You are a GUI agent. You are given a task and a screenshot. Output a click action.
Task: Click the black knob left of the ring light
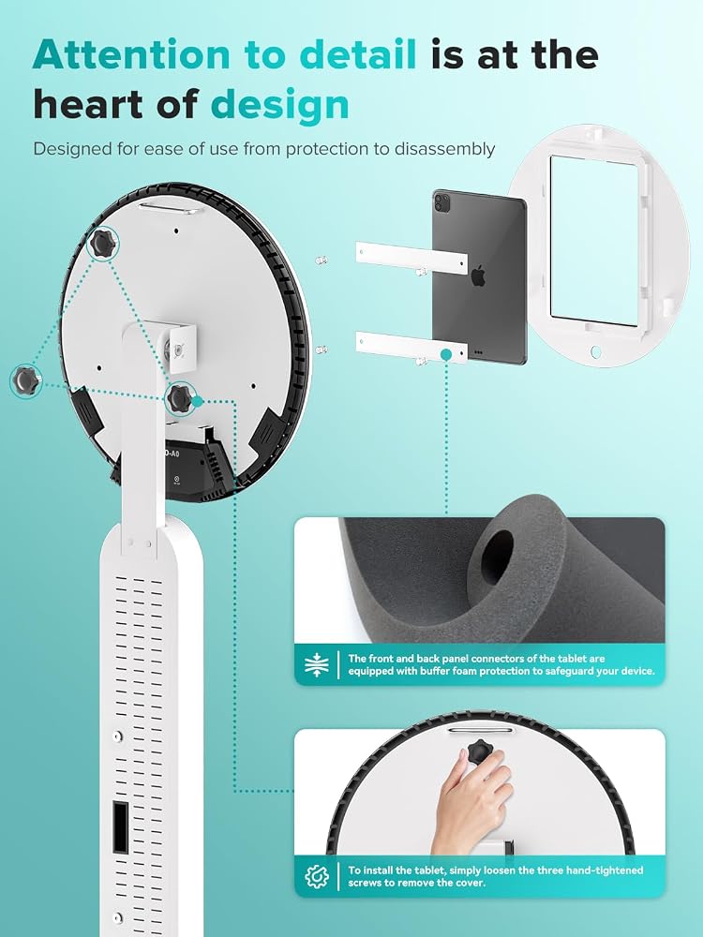[x=25, y=379]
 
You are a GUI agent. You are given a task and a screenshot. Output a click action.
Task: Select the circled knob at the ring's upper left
[x=102, y=244]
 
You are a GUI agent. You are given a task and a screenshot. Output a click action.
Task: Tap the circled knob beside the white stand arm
[x=179, y=396]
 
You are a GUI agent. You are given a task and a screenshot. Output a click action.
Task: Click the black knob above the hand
[x=480, y=752]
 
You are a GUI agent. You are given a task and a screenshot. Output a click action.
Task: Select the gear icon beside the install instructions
[x=317, y=877]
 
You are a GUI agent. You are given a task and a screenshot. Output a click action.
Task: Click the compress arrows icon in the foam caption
[x=317, y=664]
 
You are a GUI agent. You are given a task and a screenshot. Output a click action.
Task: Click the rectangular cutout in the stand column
[x=120, y=827]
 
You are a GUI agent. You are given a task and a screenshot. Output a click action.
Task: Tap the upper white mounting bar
[x=411, y=258]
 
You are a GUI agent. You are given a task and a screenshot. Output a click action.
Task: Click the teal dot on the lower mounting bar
[x=445, y=355]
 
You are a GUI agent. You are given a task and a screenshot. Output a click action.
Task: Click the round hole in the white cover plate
[x=595, y=351]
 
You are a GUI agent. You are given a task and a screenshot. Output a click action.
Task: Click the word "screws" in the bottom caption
[x=366, y=883]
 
